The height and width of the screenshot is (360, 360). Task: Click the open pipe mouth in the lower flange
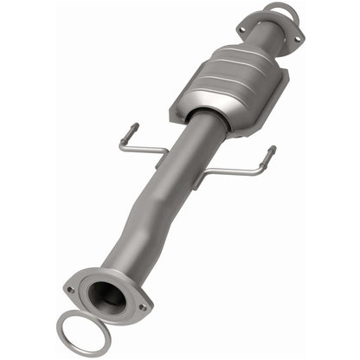109,298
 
